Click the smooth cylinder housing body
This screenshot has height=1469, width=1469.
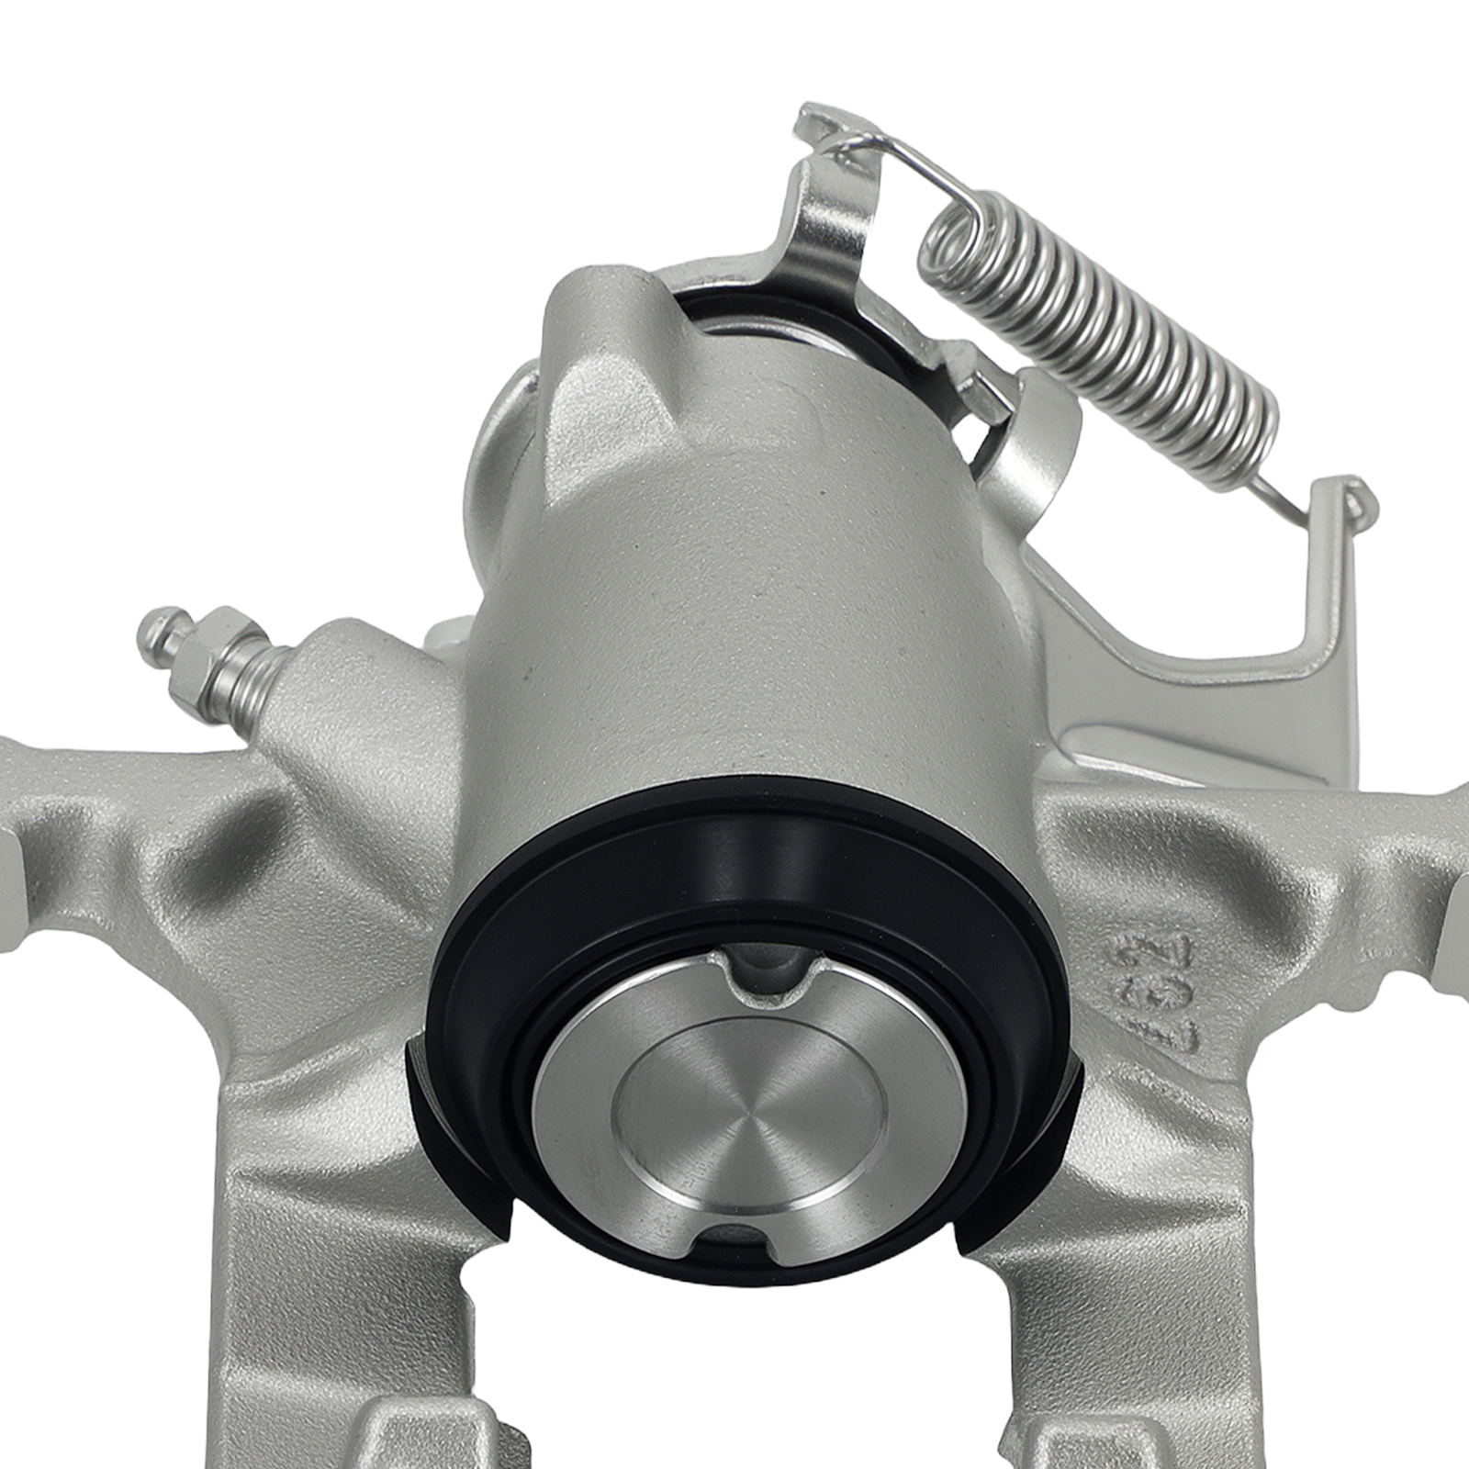pos(734,597)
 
